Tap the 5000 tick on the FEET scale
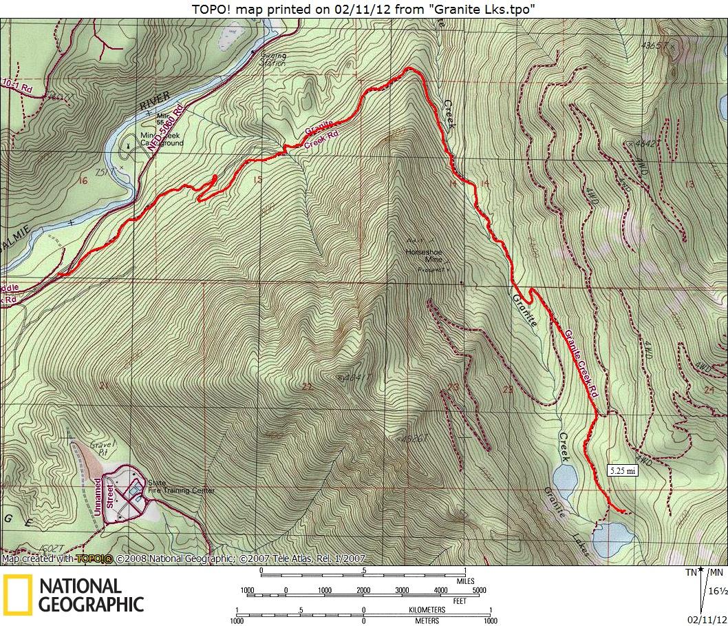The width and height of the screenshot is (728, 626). point(479,590)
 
